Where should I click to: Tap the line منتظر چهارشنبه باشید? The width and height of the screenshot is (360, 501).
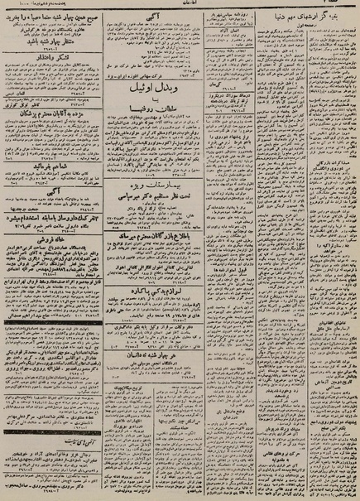pos(53,38)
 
